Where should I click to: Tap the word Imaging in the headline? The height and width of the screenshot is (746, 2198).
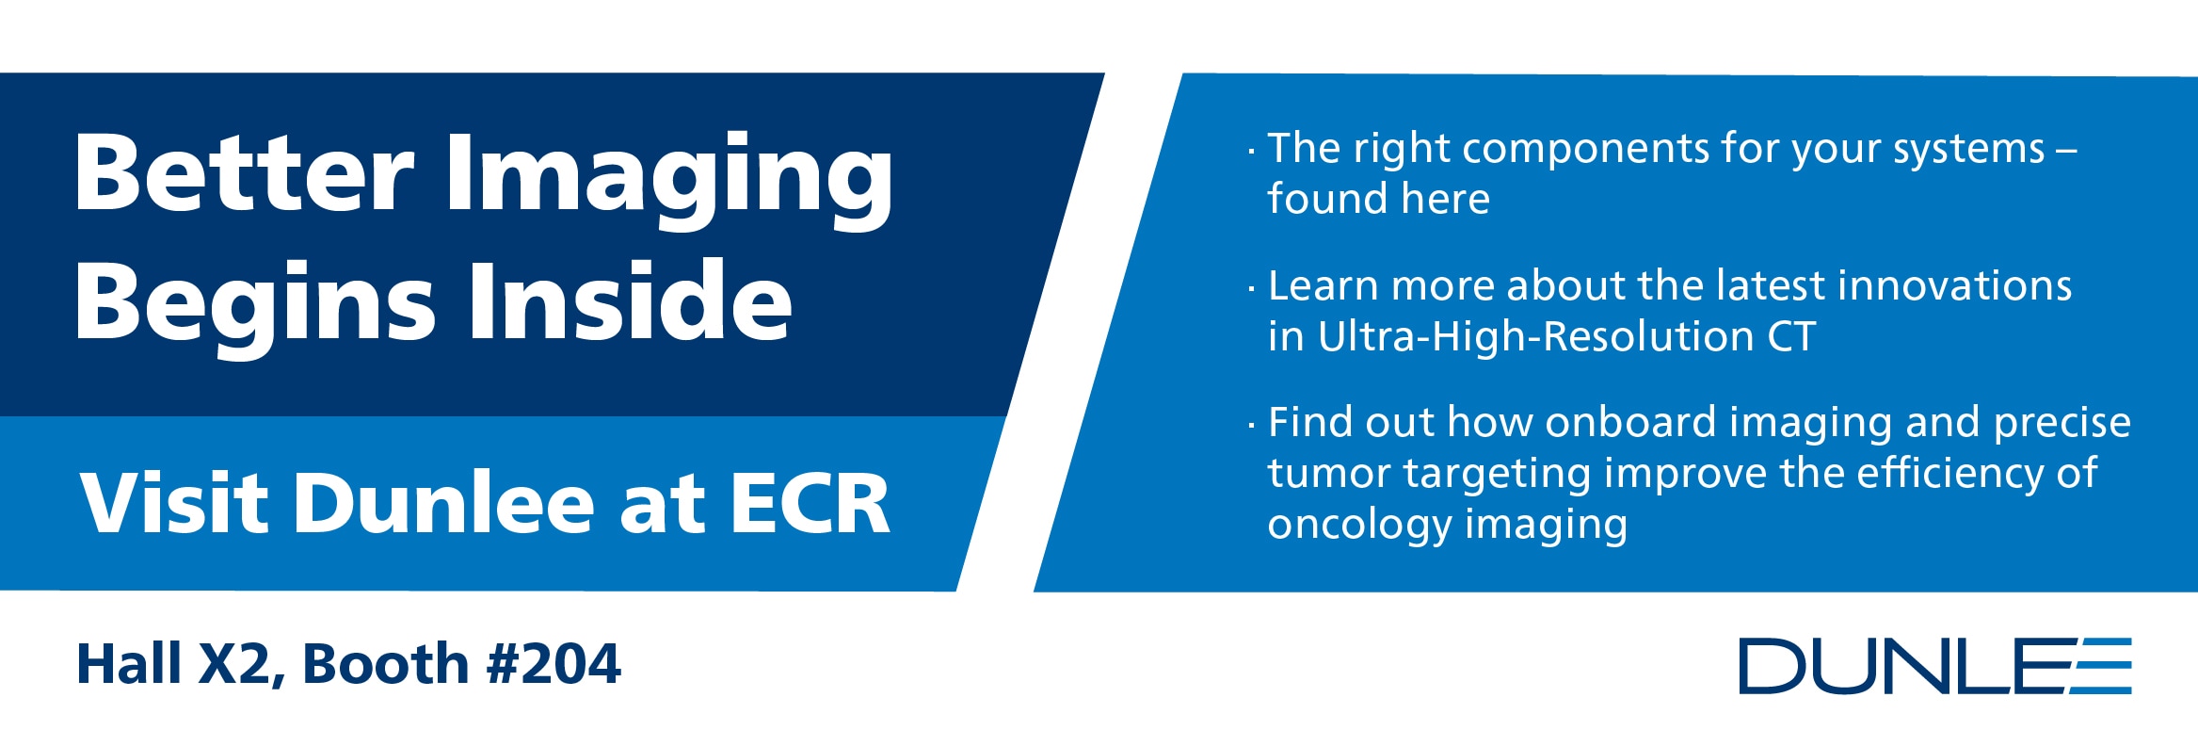[669, 180]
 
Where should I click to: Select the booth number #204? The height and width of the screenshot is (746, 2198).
[554, 664]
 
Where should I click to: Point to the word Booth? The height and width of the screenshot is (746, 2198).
[385, 664]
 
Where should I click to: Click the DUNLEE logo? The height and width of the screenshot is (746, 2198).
[1935, 666]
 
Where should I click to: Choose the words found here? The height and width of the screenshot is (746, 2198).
[1379, 199]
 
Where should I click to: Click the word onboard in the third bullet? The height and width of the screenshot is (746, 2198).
[1630, 422]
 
